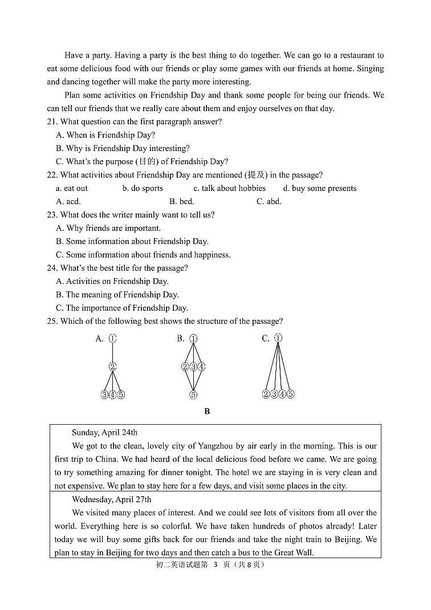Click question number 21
tap(52, 122)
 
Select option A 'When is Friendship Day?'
tap(105, 135)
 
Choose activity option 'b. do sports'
tap(143, 188)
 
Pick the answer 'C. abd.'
tap(269, 201)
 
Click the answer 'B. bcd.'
tap(182, 201)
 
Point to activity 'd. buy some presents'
tap(320, 188)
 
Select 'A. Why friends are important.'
tap(108, 228)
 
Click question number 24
tap(52, 268)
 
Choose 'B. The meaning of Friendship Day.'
tap(117, 295)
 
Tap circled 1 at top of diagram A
tap(113, 339)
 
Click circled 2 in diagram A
tap(113, 367)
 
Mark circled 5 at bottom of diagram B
tap(193, 395)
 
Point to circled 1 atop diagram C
tap(278, 338)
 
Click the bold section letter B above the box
tap(207, 412)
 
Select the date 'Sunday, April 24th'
tap(104, 433)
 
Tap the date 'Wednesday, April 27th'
tap(112, 499)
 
